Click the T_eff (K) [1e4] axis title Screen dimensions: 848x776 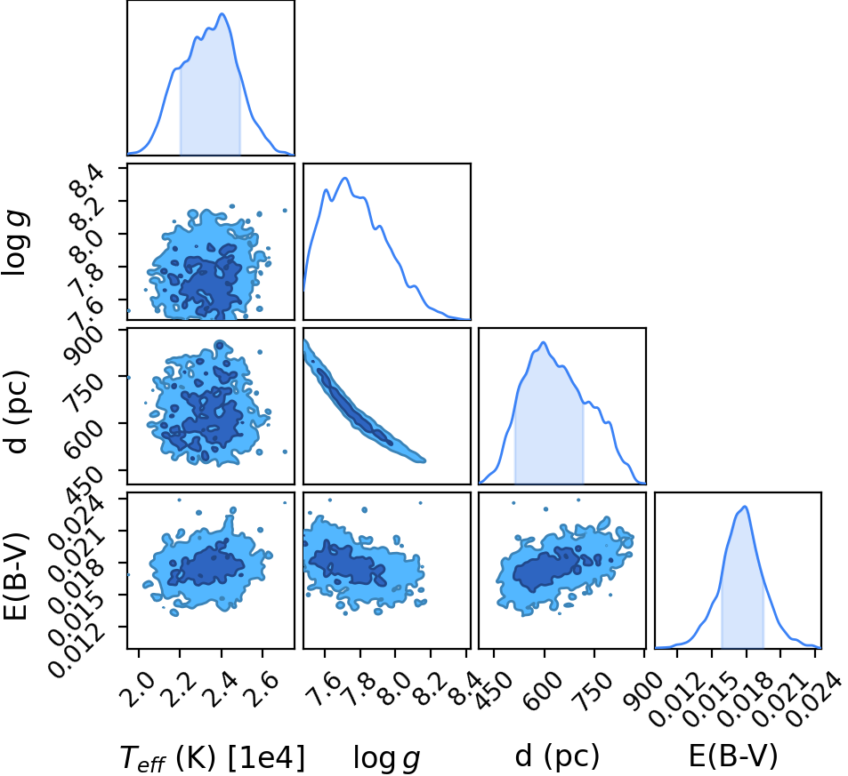(x=212, y=756)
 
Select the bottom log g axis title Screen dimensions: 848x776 (x=387, y=757)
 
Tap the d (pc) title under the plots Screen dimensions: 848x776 (x=557, y=756)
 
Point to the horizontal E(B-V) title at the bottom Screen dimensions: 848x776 (x=733, y=756)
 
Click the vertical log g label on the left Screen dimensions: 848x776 (x=14, y=244)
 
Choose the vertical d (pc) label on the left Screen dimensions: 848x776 (x=17, y=412)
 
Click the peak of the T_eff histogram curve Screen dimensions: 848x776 (x=222, y=13)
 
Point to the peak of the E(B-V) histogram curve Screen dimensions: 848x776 (x=746, y=507)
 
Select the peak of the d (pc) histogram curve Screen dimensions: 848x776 (x=544, y=342)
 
